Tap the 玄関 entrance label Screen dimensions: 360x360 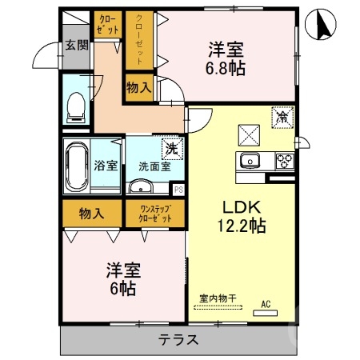click(76, 46)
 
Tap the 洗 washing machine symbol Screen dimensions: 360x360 click(170, 147)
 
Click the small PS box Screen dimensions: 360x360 click(178, 190)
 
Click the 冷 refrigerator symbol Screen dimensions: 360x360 click(282, 116)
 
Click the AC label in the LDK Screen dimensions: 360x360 click(266, 304)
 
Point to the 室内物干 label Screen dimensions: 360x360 click(218, 298)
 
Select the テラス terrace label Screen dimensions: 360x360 click(178, 339)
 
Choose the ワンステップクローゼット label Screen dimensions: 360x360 click(155, 213)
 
